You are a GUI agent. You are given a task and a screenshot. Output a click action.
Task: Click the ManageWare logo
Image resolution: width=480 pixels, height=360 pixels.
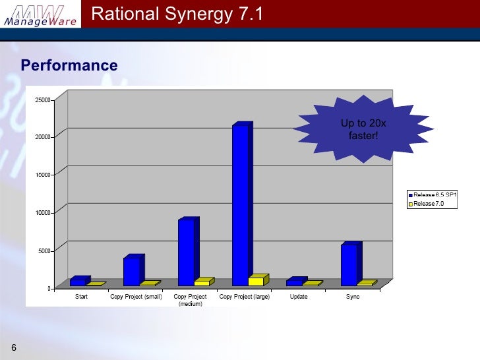click(41, 15)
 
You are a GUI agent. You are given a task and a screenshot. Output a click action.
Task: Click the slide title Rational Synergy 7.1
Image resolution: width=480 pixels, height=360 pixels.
click(177, 13)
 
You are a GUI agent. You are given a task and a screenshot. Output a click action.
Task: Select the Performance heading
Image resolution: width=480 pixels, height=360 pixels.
click(69, 65)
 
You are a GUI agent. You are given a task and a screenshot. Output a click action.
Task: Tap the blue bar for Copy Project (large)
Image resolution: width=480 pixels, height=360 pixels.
click(240, 205)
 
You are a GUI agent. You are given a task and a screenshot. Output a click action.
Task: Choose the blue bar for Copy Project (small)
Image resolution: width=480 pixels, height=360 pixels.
click(131, 271)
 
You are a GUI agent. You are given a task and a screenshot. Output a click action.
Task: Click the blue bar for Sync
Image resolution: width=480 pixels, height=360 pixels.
click(349, 264)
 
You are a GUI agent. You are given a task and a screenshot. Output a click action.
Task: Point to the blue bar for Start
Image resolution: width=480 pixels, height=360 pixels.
click(77, 282)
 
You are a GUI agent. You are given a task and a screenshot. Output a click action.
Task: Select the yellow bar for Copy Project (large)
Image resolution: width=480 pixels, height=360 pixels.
click(256, 281)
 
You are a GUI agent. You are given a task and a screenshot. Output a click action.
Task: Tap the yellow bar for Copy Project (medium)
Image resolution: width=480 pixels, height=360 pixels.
click(202, 283)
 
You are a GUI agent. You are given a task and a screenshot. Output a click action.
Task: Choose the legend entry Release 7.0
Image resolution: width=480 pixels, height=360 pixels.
click(429, 204)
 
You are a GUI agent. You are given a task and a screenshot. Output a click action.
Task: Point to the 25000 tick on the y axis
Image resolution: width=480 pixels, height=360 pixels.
click(44, 100)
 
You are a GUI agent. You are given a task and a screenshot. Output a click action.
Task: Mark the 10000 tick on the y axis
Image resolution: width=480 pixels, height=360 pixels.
click(44, 212)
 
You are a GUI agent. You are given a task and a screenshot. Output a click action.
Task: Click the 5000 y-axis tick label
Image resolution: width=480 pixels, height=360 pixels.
click(45, 251)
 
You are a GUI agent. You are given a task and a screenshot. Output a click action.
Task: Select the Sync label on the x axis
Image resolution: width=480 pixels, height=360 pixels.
click(353, 297)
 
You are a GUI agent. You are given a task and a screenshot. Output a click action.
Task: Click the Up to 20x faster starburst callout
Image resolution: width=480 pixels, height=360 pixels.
click(359, 129)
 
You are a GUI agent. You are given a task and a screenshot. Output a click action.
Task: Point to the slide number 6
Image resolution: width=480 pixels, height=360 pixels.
click(13, 347)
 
